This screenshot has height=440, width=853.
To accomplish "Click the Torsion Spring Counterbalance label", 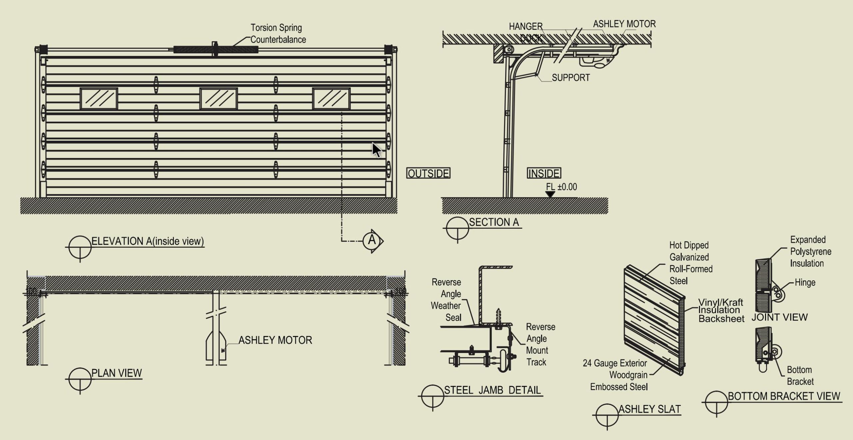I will tap(278, 33).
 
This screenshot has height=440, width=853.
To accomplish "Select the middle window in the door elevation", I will tap(219, 99).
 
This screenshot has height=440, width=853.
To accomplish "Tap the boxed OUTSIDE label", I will tap(428, 173).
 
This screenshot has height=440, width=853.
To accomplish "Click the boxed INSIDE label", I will tap(544, 173).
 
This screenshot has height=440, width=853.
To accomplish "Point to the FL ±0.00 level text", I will tap(561, 187).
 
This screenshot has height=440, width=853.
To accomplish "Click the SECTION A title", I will tap(494, 222).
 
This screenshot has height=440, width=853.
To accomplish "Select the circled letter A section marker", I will tap(372, 240).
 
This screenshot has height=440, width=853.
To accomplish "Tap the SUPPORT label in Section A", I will tap(571, 78).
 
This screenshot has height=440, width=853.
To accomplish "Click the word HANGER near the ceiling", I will tap(525, 26).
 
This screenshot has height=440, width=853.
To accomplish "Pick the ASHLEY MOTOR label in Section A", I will tap(624, 24).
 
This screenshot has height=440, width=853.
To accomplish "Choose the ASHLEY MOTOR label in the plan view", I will tap(275, 340).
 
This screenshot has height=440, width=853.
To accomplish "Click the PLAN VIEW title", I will tap(117, 373).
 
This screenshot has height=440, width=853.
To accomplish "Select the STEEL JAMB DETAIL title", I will tap(492, 390).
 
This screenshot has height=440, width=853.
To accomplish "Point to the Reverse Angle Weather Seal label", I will tap(446, 300).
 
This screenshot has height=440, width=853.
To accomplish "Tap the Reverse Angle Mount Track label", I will tap(540, 344).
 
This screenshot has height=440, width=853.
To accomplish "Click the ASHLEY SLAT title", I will tap(649, 409).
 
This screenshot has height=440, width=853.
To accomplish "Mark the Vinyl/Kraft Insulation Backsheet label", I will tap(721, 310).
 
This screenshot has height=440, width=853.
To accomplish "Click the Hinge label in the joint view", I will tap(805, 283).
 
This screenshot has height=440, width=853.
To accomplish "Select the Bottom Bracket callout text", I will tap(800, 375).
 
